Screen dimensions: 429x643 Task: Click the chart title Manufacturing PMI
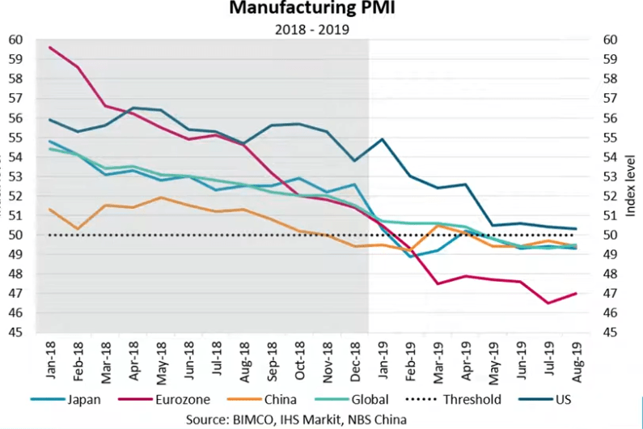(x=321, y=10)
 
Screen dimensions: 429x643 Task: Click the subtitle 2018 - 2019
(x=321, y=30)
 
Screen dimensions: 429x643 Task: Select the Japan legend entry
(x=77, y=399)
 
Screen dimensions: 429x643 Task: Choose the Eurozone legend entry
(x=174, y=399)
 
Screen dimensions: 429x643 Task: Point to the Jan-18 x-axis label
(x=50, y=356)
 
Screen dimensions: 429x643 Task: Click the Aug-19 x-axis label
(x=575, y=356)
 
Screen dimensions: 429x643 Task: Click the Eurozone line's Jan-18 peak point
(x=51, y=47)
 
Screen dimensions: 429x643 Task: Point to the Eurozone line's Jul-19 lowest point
(x=548, y=304)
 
